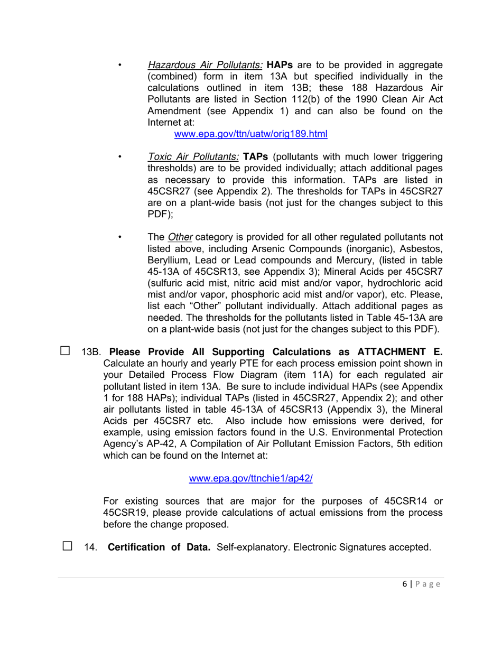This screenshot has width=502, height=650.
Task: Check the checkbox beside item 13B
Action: [x=65, y=350]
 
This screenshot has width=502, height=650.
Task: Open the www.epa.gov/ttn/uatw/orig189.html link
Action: [x=250, y=134]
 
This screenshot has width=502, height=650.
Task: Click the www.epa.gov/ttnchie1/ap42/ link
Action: [x=250, y=479]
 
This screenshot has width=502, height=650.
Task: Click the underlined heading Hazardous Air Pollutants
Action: [x=205, y=66]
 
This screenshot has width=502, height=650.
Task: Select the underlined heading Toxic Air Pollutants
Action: [x=193, y=157]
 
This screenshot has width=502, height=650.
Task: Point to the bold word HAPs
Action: [x=280, y=66]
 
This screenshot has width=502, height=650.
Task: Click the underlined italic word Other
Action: [x=180, y=237]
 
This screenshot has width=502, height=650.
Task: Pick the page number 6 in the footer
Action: [x=404, y=584]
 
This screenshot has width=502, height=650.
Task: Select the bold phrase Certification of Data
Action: [x=159, y=547]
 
